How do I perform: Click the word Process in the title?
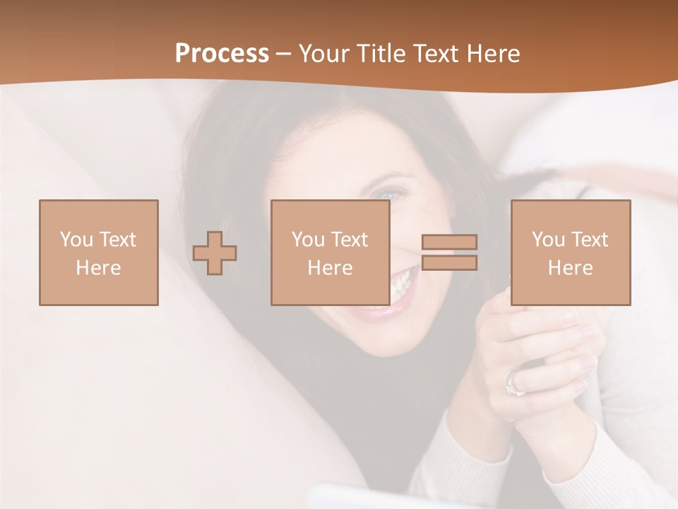coord(222,54)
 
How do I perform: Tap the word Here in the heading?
coord(492,54)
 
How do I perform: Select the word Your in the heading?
coord(323,54)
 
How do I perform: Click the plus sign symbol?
coord(215,253)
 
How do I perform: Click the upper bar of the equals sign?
coord(449,242)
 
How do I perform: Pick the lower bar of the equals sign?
coord(449,263)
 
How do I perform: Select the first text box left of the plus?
coord(98,252)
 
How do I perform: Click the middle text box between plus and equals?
coord(330,252)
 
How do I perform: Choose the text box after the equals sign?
coord(570,252)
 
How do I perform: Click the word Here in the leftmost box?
coord(98,268)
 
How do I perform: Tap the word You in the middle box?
coord(308,240)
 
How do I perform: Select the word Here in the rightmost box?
coord(570,268)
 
